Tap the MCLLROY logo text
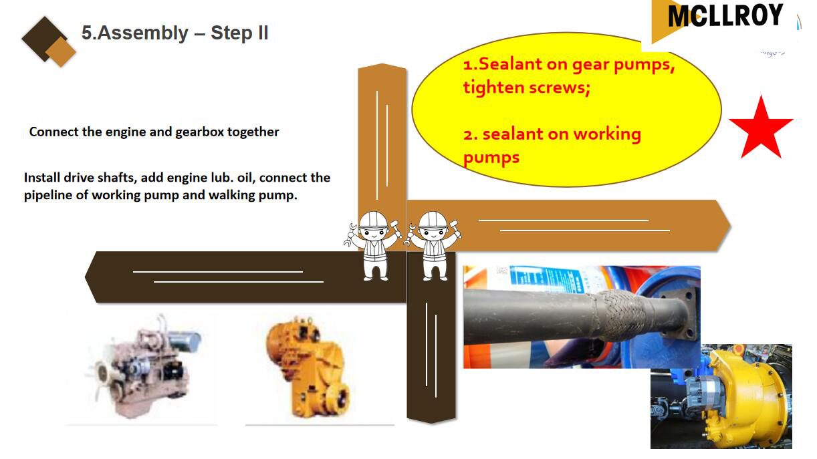pos(725,15)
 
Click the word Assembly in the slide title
pos(143,33)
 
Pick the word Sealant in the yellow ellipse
pos(510,64)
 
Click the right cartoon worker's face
pos(433,233)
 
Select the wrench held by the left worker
pos(350,235)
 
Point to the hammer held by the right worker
pos(455,228)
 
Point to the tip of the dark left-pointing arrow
pos(85,277)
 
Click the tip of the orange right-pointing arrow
pos(731,226)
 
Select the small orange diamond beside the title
pos(61,51)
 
